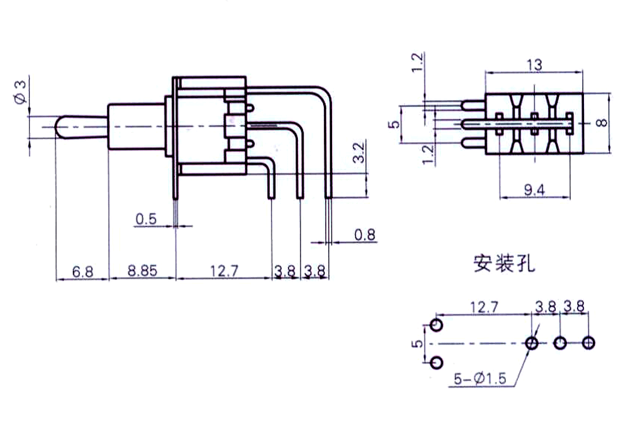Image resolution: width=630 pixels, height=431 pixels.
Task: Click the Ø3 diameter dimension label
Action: coord(20,92)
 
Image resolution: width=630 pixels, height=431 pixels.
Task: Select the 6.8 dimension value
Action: coord(83,272)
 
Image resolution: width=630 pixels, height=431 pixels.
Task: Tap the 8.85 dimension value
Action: coord(142,272)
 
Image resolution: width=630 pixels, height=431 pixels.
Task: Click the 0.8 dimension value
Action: coord(365,235)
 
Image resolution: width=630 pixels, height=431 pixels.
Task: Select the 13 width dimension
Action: coord(534,64)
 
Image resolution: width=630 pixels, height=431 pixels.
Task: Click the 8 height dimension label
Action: coord(603,123)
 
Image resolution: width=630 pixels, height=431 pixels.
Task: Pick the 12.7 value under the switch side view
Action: coord(224,272)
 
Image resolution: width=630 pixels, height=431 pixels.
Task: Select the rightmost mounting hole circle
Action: coord(588,343)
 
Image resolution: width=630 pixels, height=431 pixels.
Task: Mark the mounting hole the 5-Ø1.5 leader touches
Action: coord(532,343)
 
